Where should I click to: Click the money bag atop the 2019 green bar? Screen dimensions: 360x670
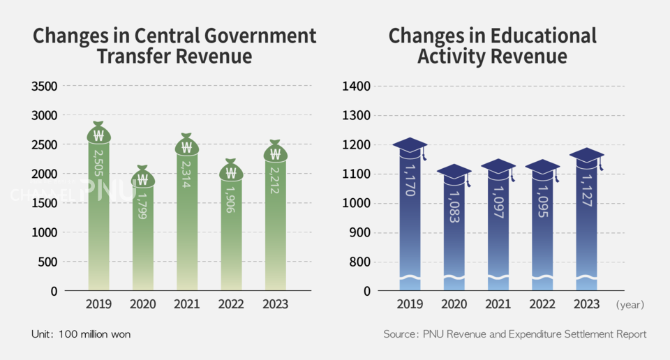tap(98, 133)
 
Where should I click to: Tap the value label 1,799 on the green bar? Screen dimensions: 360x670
tap(142, 204)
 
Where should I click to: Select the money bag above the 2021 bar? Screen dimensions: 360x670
tap(186, 145)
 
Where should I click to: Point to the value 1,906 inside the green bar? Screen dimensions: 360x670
tap(231, 199)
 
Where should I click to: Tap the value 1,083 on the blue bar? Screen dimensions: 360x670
tap(454, 206)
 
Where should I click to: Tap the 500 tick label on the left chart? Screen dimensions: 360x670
tap(49, 262)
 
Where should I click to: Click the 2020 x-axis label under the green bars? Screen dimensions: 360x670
tap(142, 304)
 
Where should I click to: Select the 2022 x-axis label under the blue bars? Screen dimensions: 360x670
tap(542, 304)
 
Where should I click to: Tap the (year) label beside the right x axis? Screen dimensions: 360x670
tap(630, 305)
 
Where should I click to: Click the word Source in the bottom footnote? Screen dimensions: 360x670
tap(400, 334)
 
